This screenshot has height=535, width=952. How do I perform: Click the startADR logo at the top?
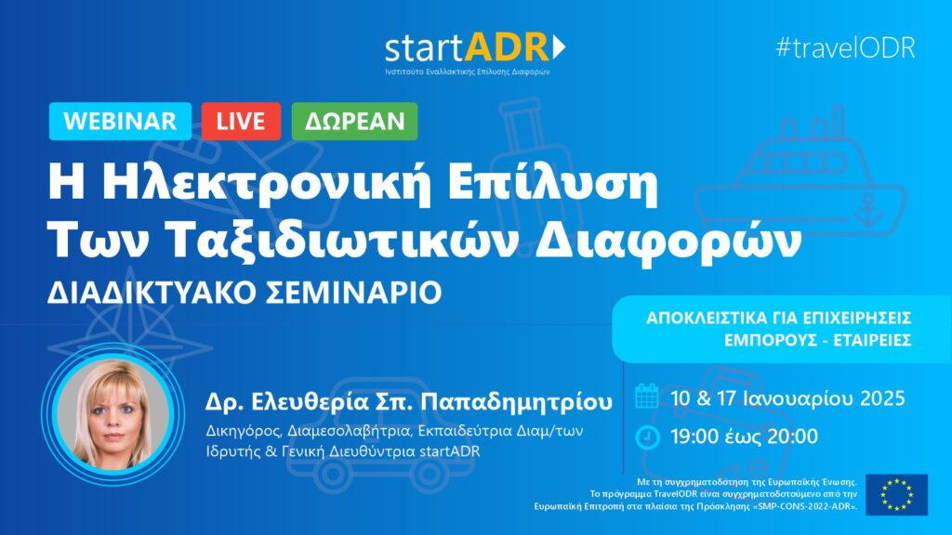click(475, 53)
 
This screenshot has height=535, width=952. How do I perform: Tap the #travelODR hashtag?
click(846, 47)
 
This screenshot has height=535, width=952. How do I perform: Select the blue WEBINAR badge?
click(120, 122)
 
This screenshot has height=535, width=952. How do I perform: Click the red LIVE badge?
click(241, 122)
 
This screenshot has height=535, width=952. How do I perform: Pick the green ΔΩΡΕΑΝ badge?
click(354, 122)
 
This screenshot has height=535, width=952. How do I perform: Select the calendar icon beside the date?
click(647, 396)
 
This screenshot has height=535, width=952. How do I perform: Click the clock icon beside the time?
click(647, 437)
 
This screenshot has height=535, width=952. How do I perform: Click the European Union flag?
click(897, 494)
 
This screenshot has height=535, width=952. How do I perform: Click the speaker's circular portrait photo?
click(113, 415)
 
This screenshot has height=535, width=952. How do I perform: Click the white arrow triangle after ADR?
click(559, 46)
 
